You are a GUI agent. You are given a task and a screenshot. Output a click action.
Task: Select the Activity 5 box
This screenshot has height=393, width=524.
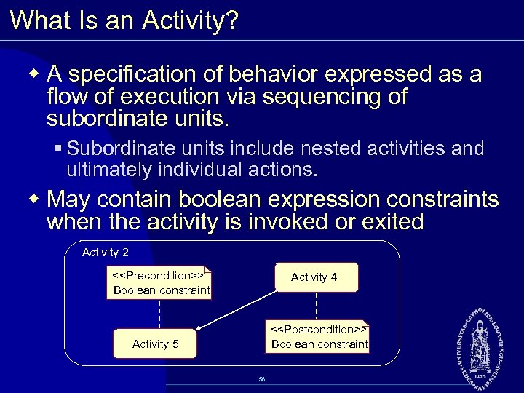tap(155, 344)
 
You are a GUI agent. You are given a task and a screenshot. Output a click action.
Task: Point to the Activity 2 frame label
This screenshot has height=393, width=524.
tap(106, 253)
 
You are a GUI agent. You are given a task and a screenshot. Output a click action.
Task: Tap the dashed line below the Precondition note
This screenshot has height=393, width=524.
tap(159, 314)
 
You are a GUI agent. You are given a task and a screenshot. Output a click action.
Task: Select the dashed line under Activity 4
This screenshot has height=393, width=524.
tap(316, 305)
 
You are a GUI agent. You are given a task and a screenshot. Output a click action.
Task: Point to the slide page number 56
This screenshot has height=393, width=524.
tap(262, 379)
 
